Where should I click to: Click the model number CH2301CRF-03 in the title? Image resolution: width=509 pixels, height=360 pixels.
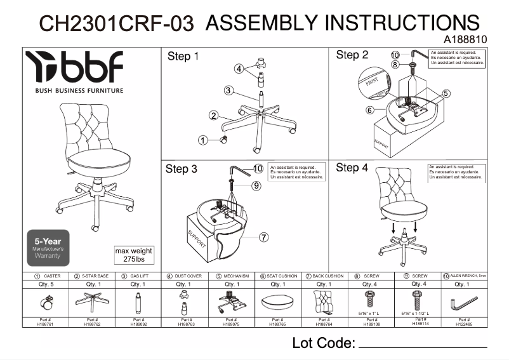coord(117,23)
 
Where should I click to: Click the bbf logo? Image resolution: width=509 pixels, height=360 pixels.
coord(74,68)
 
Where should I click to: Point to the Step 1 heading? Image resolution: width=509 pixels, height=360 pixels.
coord(183,57)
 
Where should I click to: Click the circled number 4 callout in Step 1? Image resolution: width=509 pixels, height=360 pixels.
coord(239,69)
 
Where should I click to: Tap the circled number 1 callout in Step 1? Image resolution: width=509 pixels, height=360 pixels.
coord(202,140)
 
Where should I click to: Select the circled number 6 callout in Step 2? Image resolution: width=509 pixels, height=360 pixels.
coord(369,110)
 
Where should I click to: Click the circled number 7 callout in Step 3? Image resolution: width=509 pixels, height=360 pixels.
coord(264,237)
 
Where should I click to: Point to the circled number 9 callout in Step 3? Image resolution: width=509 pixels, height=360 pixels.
coord(256,186)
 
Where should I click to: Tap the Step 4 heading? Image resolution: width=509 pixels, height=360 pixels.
coord(352,168)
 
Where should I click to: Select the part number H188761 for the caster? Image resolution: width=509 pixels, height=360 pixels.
coord(46,323)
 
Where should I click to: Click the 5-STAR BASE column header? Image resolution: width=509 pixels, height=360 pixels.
coord(91,277)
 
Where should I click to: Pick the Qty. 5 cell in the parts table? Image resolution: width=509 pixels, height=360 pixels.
coord(46,285)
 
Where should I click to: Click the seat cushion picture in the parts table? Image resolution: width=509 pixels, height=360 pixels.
coord(277,303)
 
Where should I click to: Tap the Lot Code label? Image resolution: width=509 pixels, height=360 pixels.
coord(322,343)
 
